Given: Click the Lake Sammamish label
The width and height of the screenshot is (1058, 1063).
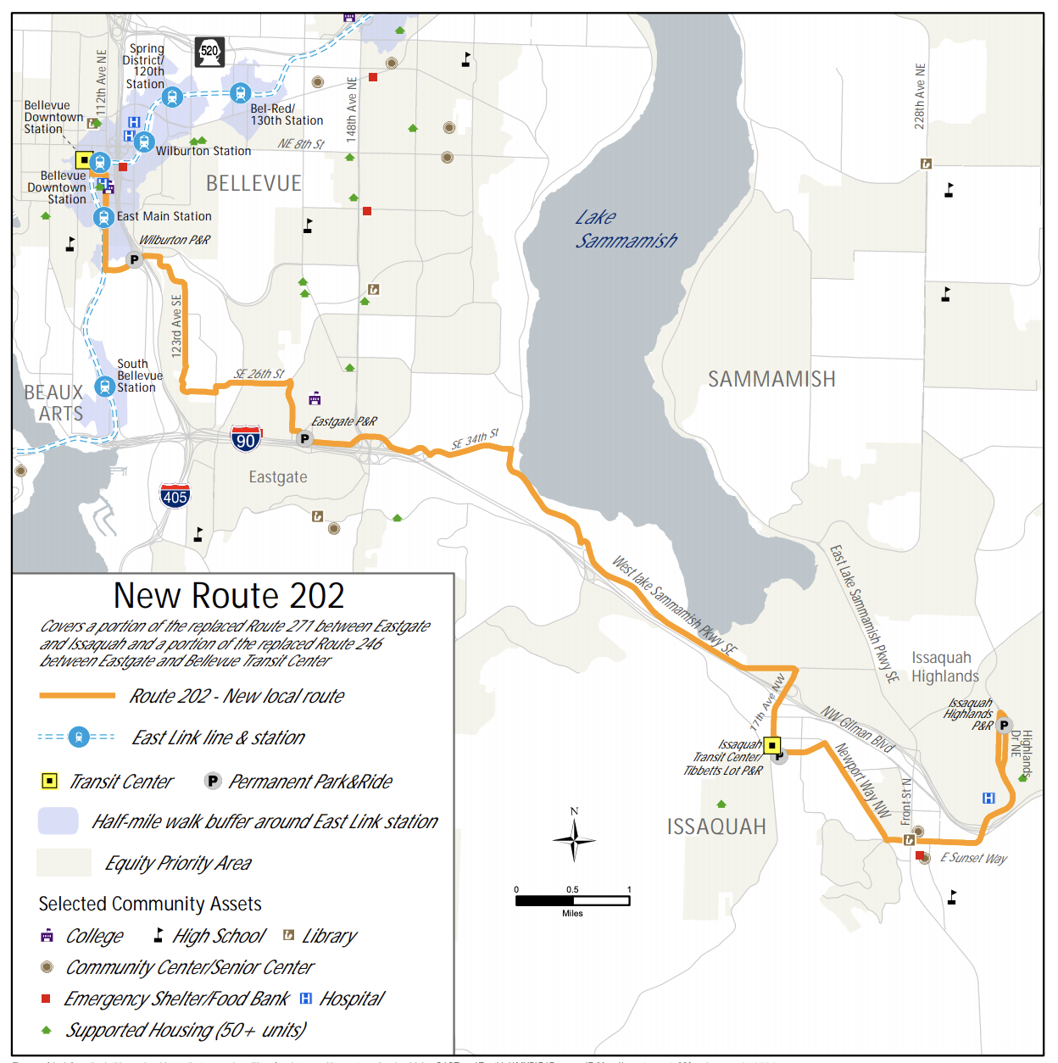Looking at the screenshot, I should (626, 230).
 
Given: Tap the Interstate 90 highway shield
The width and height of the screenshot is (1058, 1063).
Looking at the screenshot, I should (246, 439).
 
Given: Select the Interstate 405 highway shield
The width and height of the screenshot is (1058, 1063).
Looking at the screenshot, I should (175, 496).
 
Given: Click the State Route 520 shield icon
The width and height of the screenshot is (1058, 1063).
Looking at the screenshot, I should (209, 52).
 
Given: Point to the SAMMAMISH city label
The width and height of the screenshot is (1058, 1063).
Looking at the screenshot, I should (771, 379).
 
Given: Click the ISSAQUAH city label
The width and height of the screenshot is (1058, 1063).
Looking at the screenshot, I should (716, 826).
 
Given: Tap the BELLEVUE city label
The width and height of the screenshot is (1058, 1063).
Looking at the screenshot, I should (253, 183).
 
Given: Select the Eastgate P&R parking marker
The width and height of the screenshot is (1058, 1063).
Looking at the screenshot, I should (304, 439).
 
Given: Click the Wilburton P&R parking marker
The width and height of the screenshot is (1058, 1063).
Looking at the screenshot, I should (134, 259).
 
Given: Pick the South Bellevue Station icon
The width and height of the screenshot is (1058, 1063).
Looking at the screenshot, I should (104, 387).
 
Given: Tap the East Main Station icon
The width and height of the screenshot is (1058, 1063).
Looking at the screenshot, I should (103, 217).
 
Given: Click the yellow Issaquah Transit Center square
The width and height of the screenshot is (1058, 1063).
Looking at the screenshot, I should (771, 746).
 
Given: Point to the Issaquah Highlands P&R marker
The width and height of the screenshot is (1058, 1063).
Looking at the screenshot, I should (1004, 725).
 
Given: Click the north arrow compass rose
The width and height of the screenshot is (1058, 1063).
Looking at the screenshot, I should (574, 838).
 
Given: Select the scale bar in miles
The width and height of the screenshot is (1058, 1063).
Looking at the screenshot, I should (572, 900).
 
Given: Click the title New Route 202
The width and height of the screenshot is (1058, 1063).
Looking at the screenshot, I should (229, 596).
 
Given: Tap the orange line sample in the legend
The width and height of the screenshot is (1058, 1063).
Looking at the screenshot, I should (77, 696).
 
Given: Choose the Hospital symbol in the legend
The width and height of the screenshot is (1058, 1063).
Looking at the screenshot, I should (306, 999).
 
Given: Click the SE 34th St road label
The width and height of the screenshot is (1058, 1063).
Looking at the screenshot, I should (475, 439).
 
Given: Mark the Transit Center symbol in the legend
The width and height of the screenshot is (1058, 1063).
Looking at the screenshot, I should (50, 781).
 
